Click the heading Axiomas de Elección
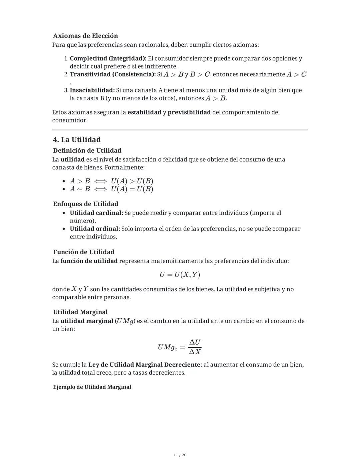[x=85, y=36]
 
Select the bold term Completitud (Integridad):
[x=108, y=58]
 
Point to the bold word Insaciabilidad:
[x=92, y=90]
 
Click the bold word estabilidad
[x=144, y=112]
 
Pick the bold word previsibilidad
[x=189, y=112]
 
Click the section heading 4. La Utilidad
[x=77, y=139]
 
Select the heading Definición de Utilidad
[x=87, y=150]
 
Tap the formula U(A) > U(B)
[x=132, y=181]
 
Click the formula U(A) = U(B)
[x=132, y=189]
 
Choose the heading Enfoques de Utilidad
[x=86, y=204]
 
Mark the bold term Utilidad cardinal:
[x=96, y=213]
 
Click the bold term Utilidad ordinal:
[x=95, y=229]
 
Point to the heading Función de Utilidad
[x=84, y=252]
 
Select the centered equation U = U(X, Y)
[x=180, y=275]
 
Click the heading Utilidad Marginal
[x=80, y=312]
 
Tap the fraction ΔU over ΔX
[x=195, y=347]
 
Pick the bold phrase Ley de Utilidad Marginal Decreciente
[x=144, y=365]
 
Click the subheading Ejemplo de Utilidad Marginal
[x=92, y=387]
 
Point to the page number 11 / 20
[x=180, y=455]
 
